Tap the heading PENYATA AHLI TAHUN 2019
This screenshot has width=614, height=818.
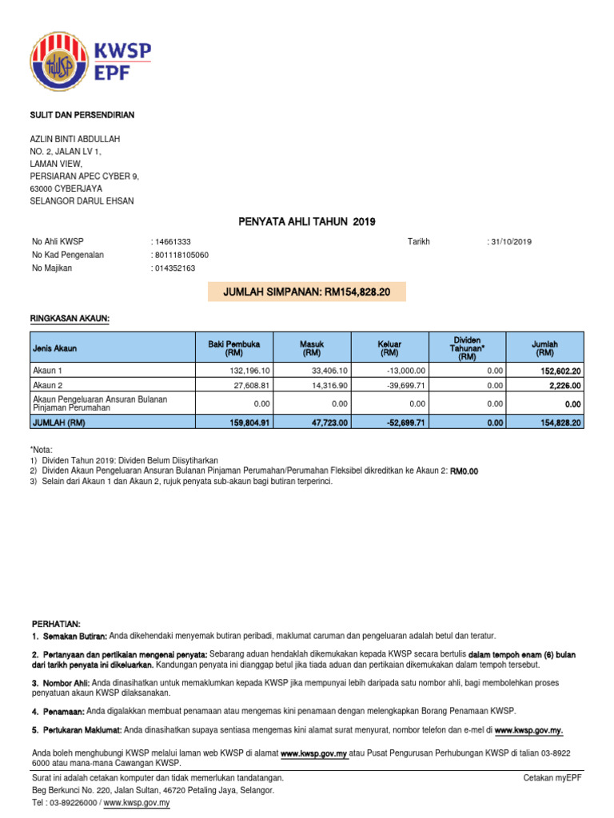click(x=307, y=221)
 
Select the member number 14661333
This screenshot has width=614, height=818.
click(x=172, y=242)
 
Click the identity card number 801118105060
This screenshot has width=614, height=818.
click(x=181, y=255)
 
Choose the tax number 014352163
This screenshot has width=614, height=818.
click(x=174, y=268)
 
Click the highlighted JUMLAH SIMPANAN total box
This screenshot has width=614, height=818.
click(x=306, y=292)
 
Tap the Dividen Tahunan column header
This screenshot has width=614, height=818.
click(x=466, y=347)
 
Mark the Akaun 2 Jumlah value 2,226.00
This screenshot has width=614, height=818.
click(x=563, y=385)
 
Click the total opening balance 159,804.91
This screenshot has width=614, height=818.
click(x=247, y=421)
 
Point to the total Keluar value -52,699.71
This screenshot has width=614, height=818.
click(x=403, y=421)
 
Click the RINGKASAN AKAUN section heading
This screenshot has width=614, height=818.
click(x=70, y=320)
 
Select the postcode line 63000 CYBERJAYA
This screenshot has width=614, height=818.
click(x=71, y=189)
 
